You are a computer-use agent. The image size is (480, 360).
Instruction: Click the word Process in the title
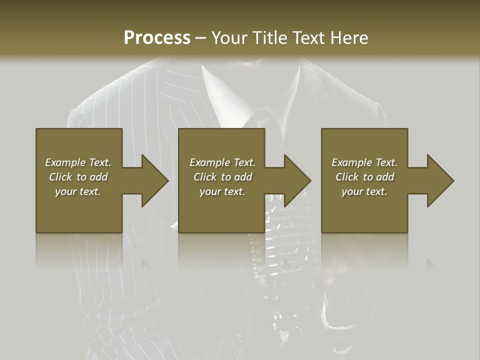[157, 38]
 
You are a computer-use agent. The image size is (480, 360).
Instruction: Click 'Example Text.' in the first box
[78, 162]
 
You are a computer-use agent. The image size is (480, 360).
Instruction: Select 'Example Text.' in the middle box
[222, 162]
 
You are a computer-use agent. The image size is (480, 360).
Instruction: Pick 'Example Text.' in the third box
[364, 162]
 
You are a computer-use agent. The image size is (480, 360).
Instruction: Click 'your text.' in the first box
[78, 191]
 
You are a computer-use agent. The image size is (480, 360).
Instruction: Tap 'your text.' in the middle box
[222, 191]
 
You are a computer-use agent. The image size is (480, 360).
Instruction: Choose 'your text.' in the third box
[364, 191]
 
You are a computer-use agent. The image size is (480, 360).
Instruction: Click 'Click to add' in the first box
[78, 177]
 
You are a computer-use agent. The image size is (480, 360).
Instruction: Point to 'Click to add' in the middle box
[222, 177]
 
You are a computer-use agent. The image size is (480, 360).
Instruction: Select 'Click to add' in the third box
[364, 177]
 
